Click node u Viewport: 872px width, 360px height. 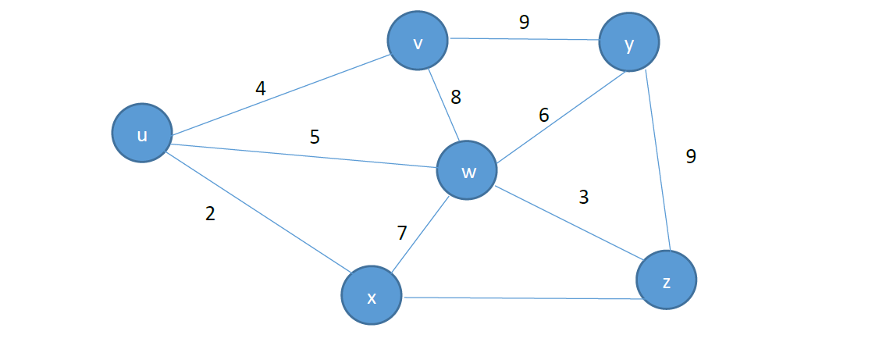point(141,134)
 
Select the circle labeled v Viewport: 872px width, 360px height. point(418,41)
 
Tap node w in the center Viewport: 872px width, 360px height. point(467,171)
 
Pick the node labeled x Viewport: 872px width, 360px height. point(372,296)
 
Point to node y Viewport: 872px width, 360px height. point(629,44)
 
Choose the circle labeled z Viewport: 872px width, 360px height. point(666,280)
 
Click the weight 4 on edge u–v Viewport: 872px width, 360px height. point(261,89)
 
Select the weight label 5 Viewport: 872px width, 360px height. point(315,137)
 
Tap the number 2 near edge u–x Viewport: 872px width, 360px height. point(210,214)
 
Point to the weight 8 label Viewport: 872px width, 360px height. point(456,98)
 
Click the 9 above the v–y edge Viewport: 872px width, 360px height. point(524,23)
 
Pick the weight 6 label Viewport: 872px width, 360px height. point(544,116)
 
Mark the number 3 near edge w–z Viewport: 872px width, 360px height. point(583,198)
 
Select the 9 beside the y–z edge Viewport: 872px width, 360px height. point(691,157)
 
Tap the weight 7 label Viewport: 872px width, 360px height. point(402,233)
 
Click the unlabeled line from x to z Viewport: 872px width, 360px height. point(519,298)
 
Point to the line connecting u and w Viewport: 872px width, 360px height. point(304,155)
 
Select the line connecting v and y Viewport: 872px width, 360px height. point(523,38)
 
